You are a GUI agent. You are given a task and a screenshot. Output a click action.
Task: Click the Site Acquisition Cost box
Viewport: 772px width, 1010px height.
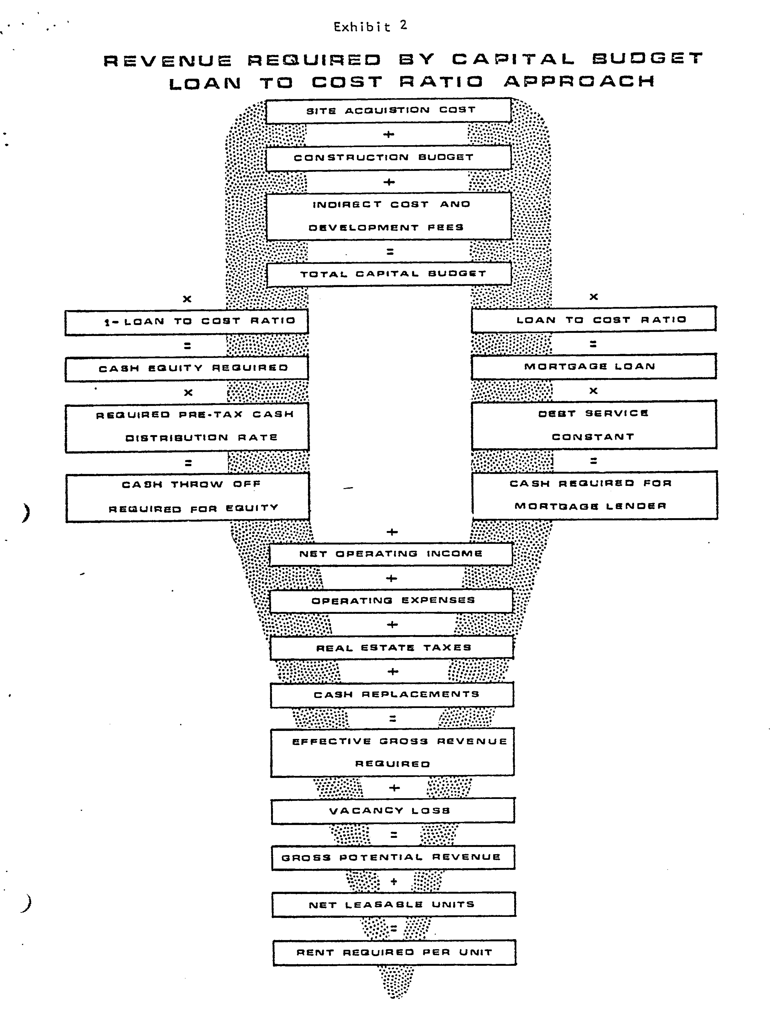pos(389,110)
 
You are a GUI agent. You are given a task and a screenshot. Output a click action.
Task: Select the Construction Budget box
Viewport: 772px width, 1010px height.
pos(389,158)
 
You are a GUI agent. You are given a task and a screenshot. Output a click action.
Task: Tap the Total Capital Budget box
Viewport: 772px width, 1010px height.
pos(389,274)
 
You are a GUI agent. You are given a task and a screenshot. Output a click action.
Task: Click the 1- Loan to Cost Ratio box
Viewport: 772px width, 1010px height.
pos(187,322)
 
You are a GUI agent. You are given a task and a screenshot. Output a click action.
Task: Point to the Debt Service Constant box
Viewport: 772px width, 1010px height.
pos(594,425)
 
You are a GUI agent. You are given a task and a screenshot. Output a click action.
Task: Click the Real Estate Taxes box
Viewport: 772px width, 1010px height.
pos(392,648)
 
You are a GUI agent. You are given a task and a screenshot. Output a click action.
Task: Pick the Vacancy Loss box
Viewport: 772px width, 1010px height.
pos(393,811)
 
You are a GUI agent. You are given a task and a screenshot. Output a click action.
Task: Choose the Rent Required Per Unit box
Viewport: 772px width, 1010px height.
pos(394,953)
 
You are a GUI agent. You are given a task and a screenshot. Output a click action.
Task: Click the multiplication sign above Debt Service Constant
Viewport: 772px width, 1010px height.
pos(593,391)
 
